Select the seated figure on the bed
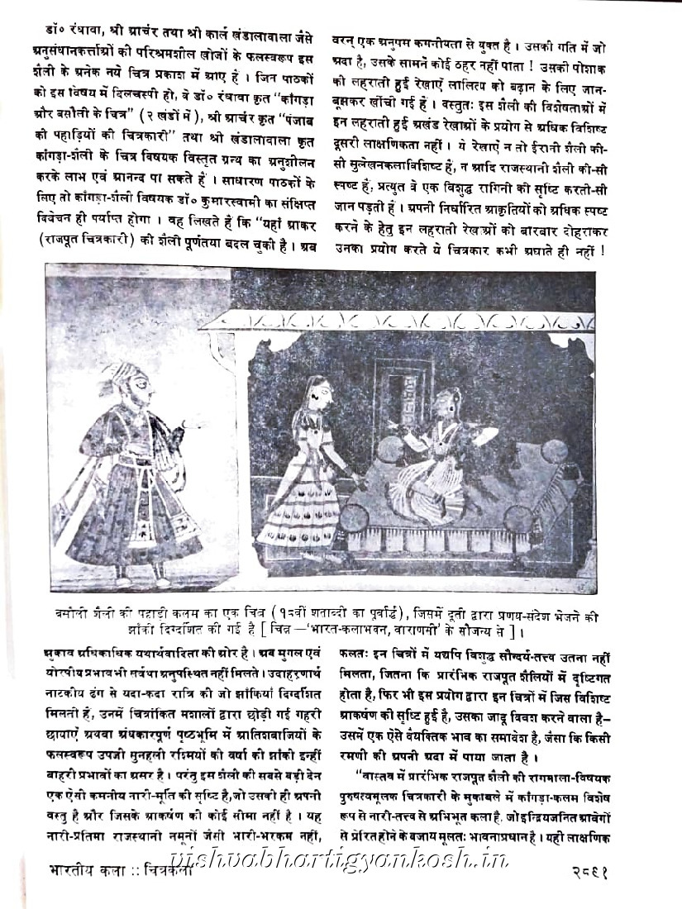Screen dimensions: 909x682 (x=434, y=450)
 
